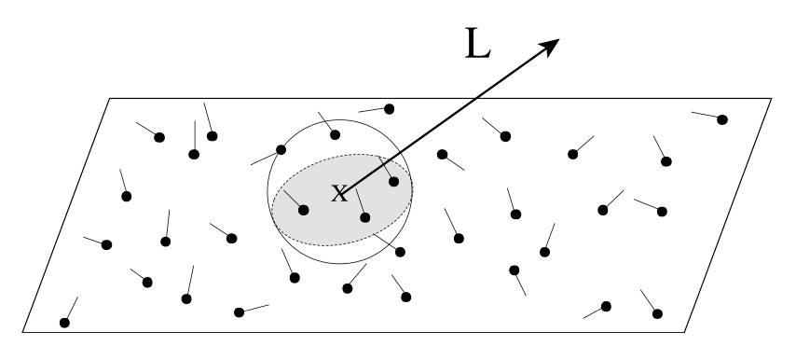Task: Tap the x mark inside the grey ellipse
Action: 340,193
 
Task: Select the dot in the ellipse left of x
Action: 305,207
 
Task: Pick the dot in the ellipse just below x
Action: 364,217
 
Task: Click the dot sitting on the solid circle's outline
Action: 281,149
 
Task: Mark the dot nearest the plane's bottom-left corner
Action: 64,323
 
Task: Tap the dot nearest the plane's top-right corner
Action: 721,119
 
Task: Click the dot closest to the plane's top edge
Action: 389,109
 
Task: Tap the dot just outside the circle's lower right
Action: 400,252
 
